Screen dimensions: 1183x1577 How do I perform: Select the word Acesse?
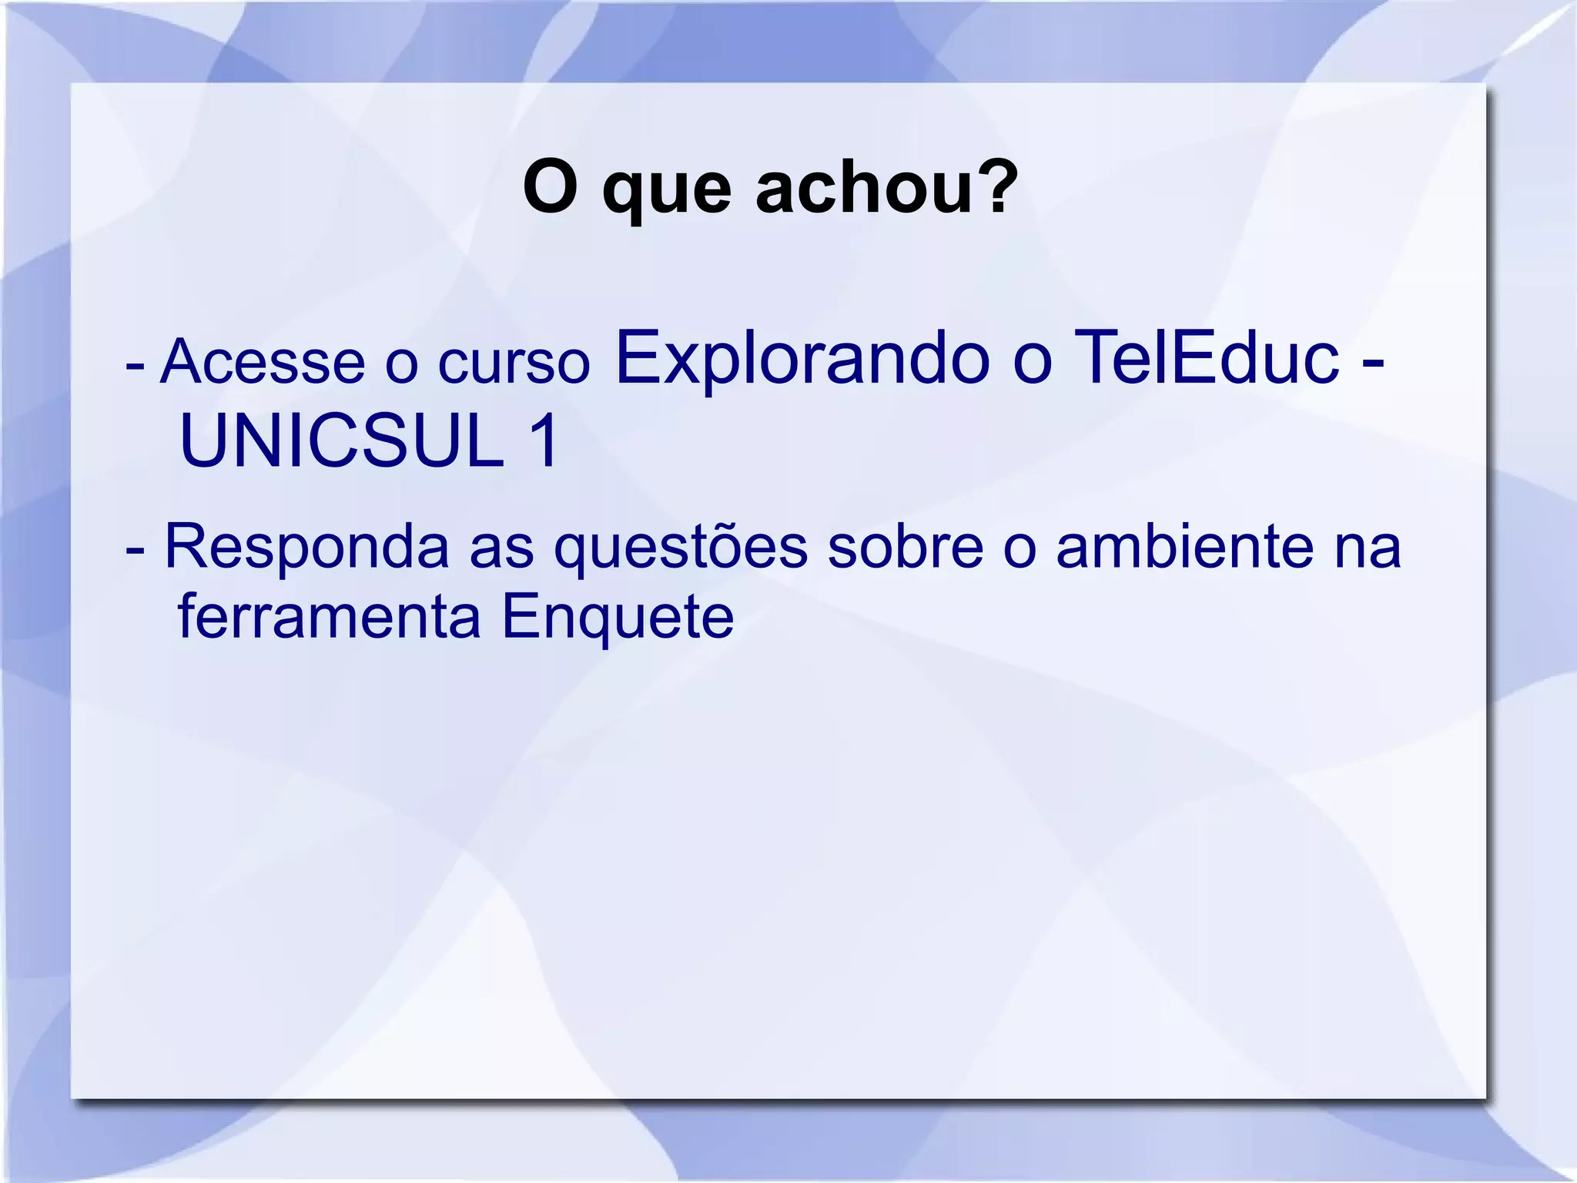pyautogui.click(x=263, y=361)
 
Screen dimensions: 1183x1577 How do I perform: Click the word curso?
pyautogui.click(x=514, y=363)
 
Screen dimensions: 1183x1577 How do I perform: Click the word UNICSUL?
pyautogui.click(x=341, y=441)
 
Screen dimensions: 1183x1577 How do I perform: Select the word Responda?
pyautogui.click(x=306, y=547)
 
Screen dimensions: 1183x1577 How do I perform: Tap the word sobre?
pyautogui.click(x=906, y=547)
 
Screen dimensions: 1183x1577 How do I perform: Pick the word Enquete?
pyautogui.click(x=618, y=618)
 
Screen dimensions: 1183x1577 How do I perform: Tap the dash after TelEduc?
pyautogui.click(x=1371, y=362)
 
